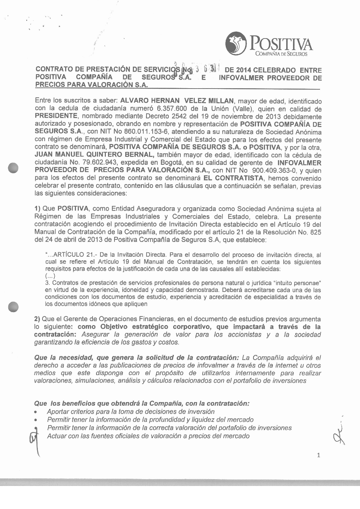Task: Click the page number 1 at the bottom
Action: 318,455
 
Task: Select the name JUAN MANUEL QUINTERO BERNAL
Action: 95,155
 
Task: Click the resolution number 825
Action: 315,233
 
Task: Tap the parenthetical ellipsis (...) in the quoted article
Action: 50,276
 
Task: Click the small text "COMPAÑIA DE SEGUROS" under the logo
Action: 281,54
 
